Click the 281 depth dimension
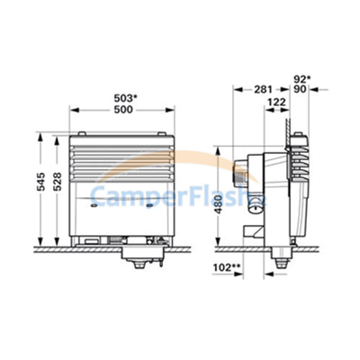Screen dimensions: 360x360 click(x=259, y=88)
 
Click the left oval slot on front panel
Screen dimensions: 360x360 click(x=96, y=204)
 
